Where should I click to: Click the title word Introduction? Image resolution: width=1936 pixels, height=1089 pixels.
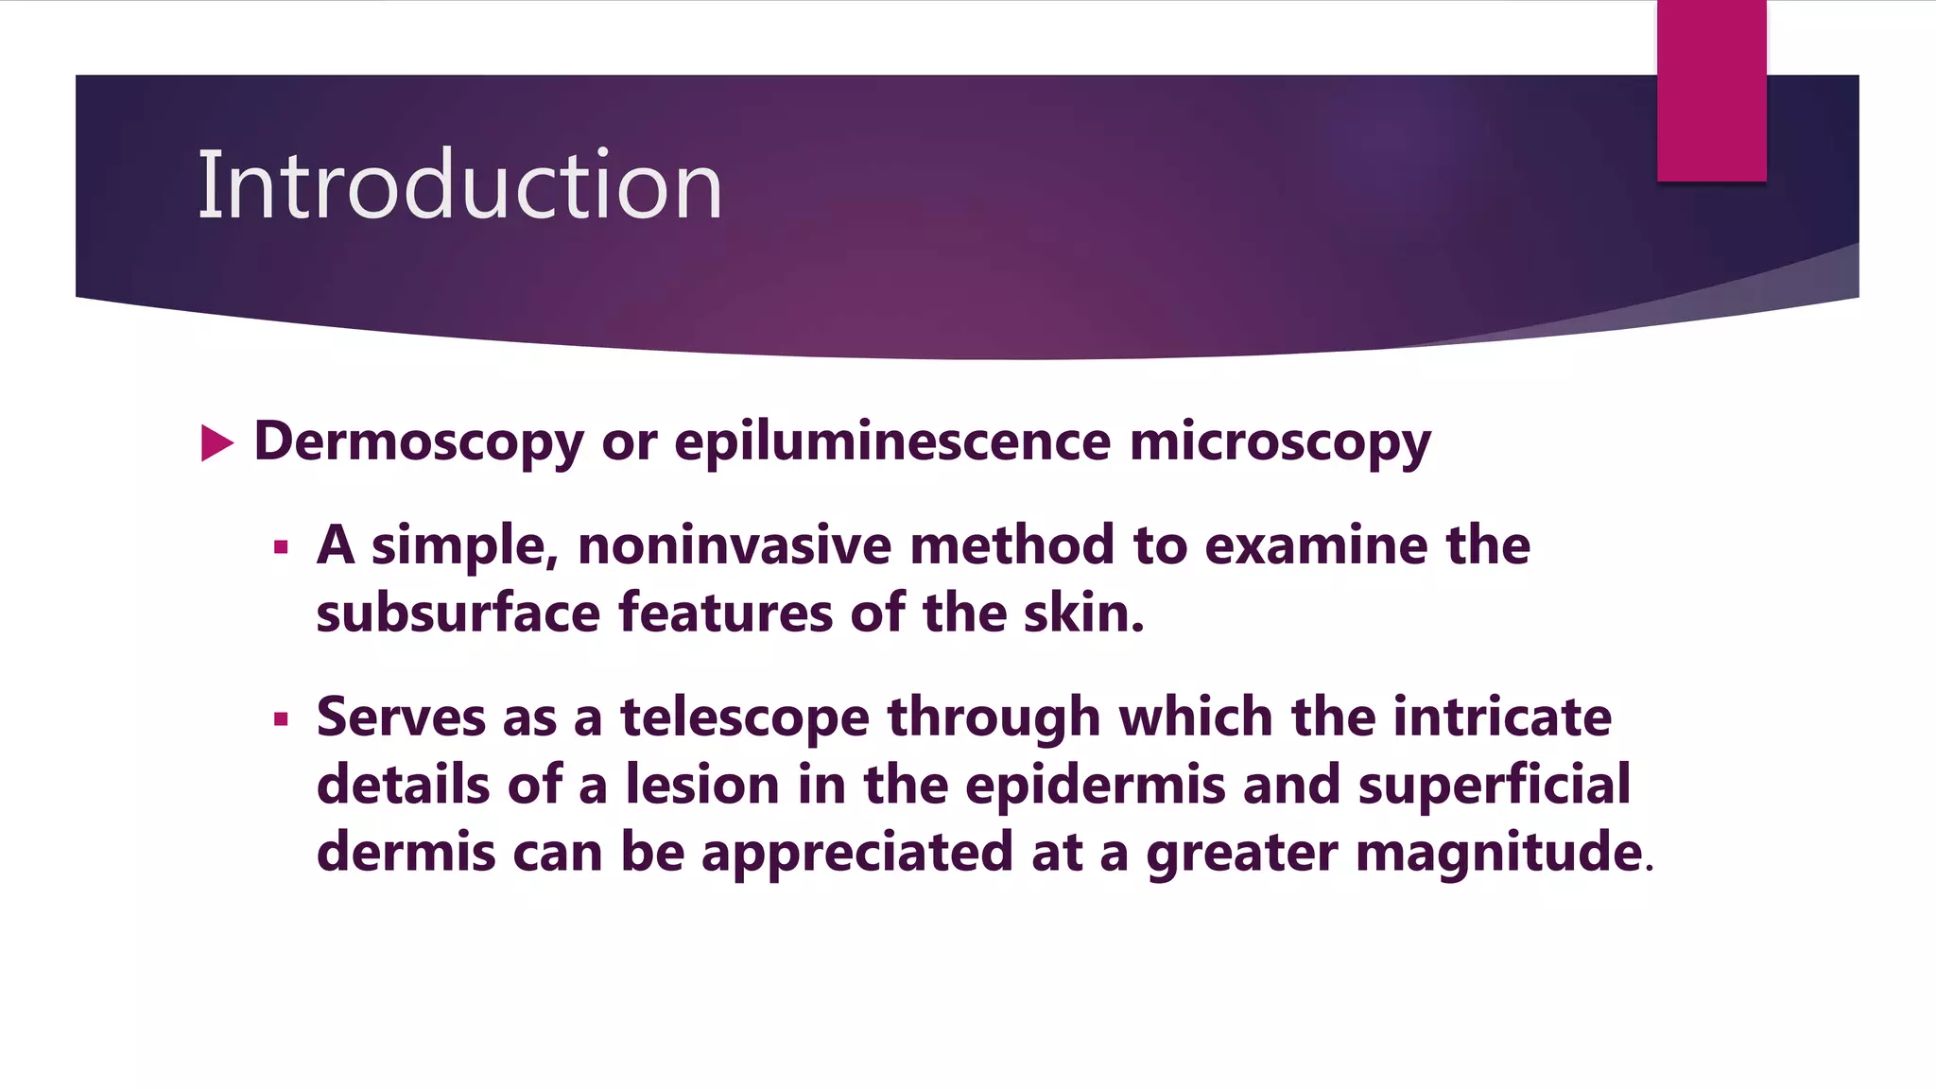(459, 186)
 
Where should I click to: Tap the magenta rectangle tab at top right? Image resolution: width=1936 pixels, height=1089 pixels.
(1711, 90)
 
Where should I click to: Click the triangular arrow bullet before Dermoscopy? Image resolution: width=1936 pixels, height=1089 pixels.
(216, 443)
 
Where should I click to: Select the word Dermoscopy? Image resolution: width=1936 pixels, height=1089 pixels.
(419, 442)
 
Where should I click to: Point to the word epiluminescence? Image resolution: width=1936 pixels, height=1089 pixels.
(892, 442)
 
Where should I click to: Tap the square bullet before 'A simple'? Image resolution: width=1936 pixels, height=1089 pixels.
(281, 546)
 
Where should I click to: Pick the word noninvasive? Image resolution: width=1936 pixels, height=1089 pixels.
(735, 546)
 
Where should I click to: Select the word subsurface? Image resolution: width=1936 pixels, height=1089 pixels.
(458, 614)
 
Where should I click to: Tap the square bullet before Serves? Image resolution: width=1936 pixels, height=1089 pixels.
(281, 718)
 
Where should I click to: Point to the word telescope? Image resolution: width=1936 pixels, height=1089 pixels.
(744, 718)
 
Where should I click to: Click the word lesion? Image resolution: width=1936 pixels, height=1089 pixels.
(701, 786)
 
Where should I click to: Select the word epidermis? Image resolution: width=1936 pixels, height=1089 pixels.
(1095, 786)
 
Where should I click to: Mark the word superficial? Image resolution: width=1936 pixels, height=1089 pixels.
(1494, 786)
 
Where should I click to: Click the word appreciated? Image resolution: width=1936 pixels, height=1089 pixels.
(857, 853)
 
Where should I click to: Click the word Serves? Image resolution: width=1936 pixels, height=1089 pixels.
(400, 717)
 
